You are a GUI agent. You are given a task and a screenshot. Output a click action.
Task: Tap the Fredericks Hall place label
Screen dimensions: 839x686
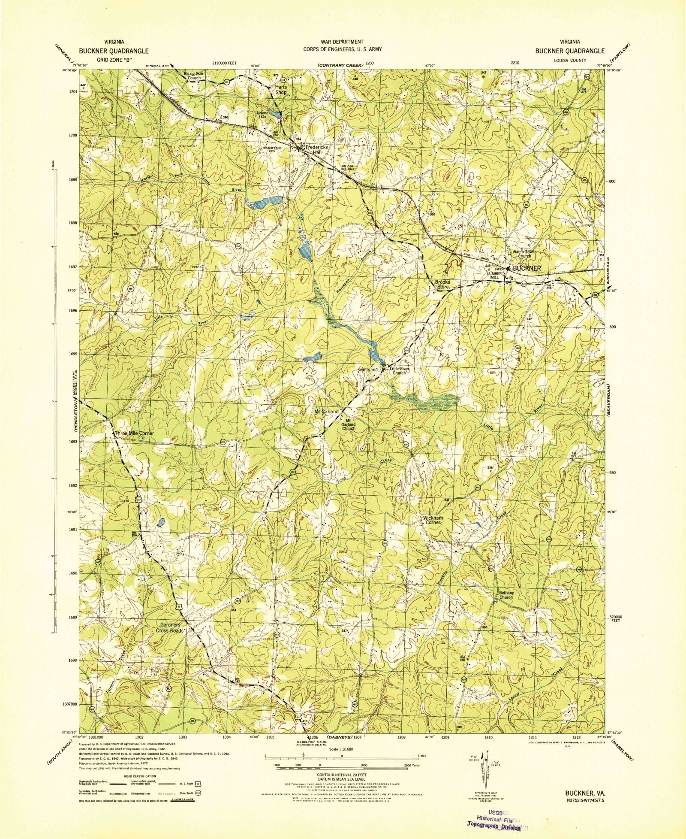316,150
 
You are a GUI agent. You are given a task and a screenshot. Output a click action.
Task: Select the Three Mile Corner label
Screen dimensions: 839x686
134,433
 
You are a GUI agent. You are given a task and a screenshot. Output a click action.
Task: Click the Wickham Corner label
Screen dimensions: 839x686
433,520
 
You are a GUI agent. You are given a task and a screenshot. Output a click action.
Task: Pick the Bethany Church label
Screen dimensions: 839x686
506,595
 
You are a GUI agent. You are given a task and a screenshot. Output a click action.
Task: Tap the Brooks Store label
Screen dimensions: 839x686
442,284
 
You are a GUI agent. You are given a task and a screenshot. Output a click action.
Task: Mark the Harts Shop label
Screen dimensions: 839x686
281,89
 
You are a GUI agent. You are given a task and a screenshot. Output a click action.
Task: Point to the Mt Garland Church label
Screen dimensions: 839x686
349,424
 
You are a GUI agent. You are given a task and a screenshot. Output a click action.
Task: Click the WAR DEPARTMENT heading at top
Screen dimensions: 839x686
342,42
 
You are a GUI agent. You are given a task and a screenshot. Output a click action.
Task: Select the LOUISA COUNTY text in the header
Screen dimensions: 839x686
569,61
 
